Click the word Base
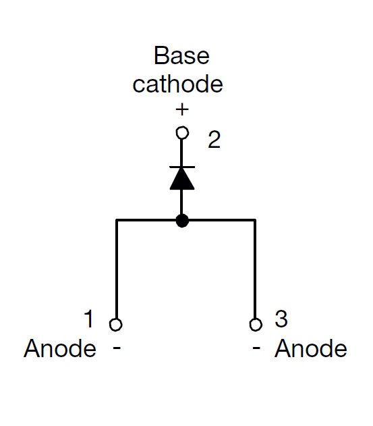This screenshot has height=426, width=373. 181,55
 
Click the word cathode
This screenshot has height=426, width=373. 178,84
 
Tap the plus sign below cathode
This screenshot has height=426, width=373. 182,109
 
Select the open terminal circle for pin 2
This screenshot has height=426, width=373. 182,133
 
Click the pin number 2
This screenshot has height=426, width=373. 214,140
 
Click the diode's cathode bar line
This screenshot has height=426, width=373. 182,167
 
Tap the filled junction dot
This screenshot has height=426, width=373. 182,220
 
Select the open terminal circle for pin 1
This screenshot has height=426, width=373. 116,324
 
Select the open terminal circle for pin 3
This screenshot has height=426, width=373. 256,324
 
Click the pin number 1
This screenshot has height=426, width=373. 89,319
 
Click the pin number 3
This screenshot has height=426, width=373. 281,319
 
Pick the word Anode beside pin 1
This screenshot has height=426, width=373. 60,348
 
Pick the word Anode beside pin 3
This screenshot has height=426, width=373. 311,348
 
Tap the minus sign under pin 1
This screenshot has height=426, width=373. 117,348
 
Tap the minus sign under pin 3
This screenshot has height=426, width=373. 256,348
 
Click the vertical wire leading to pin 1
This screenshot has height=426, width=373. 117,269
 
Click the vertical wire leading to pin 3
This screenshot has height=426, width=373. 255,269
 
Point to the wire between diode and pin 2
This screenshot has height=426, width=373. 181,153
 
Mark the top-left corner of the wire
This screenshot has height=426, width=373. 117,220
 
